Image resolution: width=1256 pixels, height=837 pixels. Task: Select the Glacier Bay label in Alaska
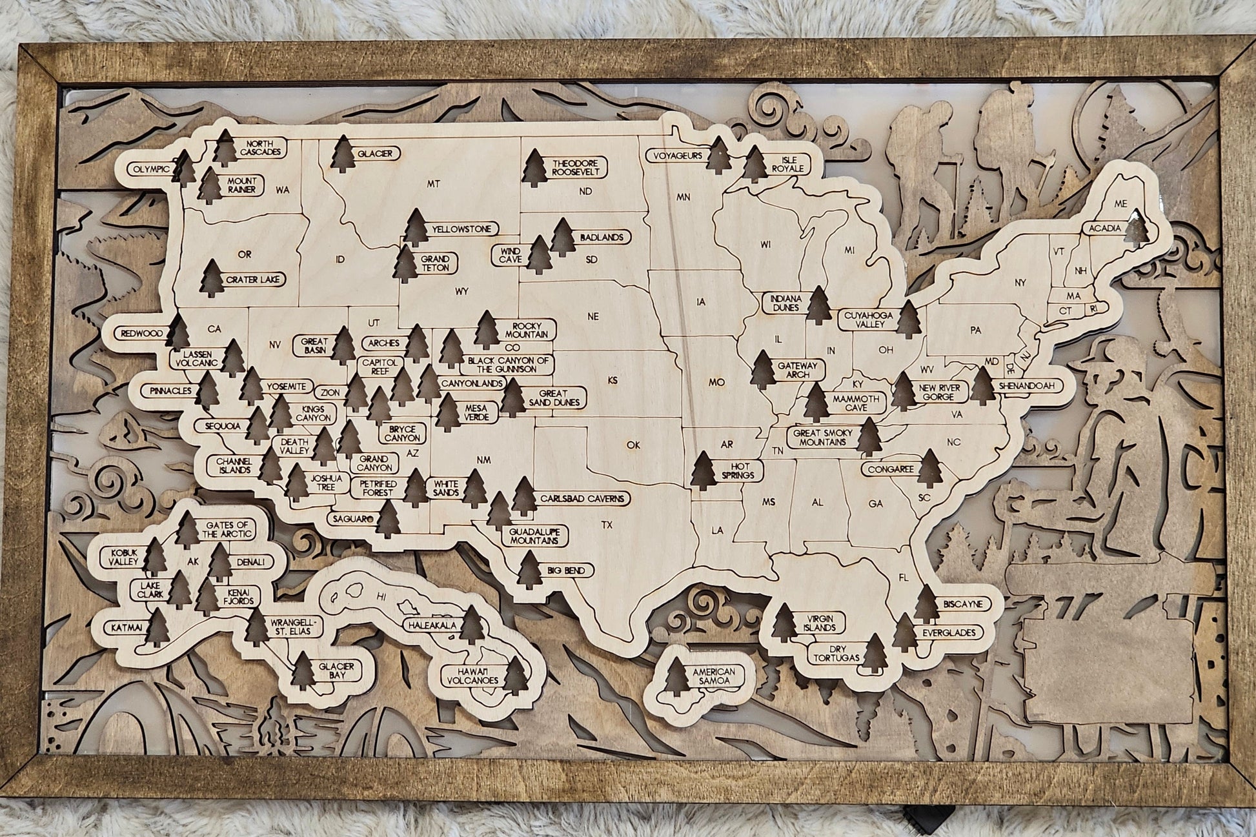coord(336,671)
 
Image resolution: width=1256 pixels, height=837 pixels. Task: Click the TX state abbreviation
coord(606,525)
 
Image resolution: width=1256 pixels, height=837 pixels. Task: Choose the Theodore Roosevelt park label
coord(576,168)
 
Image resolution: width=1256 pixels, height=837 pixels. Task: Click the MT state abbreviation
coord(434,185)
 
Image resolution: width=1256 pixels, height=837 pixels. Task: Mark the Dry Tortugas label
coord(836,652)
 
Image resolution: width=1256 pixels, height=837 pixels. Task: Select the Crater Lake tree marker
coord(212,279)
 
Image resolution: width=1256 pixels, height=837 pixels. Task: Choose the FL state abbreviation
coord(904,578)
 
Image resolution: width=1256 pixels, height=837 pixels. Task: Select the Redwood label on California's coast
coord(140,334)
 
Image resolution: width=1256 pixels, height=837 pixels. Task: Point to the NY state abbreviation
coord(1020,282)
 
